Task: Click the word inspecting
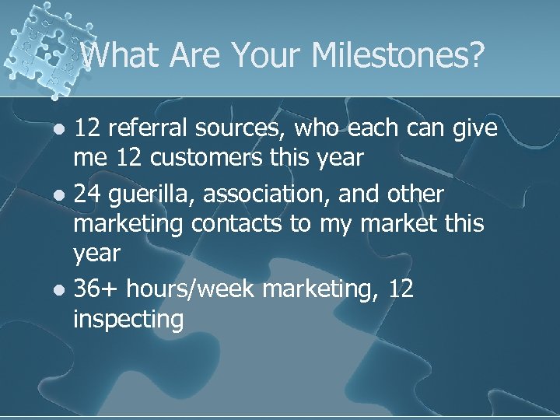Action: pyautogui.click(x=128, y=320)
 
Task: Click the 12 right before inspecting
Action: pyautogui.click(x=401, y=289)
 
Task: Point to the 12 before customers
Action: pyautogui.click(x=127, y=158)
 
